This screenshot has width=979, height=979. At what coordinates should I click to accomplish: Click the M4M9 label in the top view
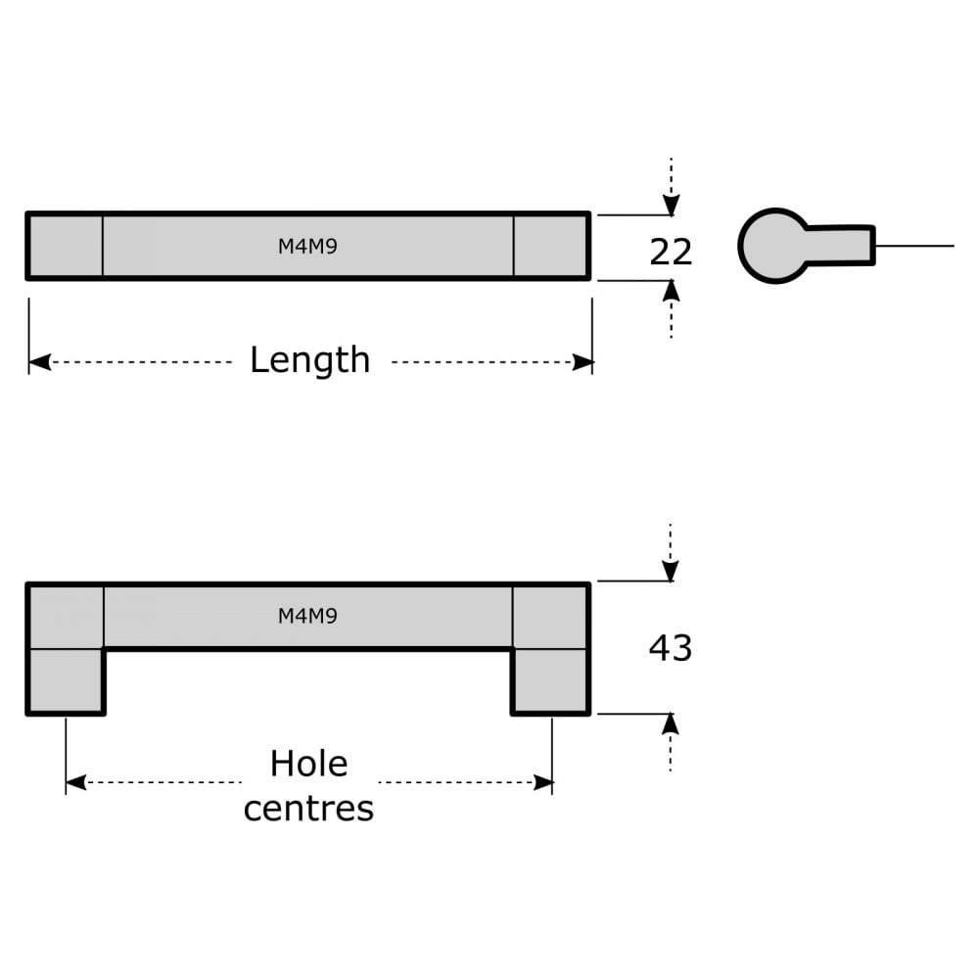(x=307, y=247)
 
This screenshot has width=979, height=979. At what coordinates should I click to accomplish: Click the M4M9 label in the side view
(x=307, y=616)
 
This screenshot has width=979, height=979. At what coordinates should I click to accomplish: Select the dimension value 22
(x=671, y=253)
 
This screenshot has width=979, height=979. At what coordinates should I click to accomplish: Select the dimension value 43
(x=671, y=648)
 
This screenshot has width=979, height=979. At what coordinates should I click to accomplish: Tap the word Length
(x=309, y=360)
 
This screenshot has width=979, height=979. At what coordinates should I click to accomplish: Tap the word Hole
(x=308, y=764)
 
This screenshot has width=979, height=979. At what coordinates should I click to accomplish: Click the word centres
(x=308, y=809)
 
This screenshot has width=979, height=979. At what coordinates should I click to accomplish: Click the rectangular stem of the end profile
(x=842, y=245)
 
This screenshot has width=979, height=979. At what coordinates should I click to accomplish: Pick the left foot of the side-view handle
(x=66, y=681)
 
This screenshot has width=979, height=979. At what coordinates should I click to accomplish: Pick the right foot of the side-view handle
(x=550, y=681)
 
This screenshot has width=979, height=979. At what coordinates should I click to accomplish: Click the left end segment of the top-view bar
(x=66, y=246)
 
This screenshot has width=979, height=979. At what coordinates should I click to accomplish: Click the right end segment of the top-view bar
(x=550, y=246)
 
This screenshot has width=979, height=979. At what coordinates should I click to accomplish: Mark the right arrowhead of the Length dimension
(x=583, y=363)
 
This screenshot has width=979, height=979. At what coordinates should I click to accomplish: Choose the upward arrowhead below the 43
(x=671, y=724)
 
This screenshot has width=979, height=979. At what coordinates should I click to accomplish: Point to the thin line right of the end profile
(x=914, y=246)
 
